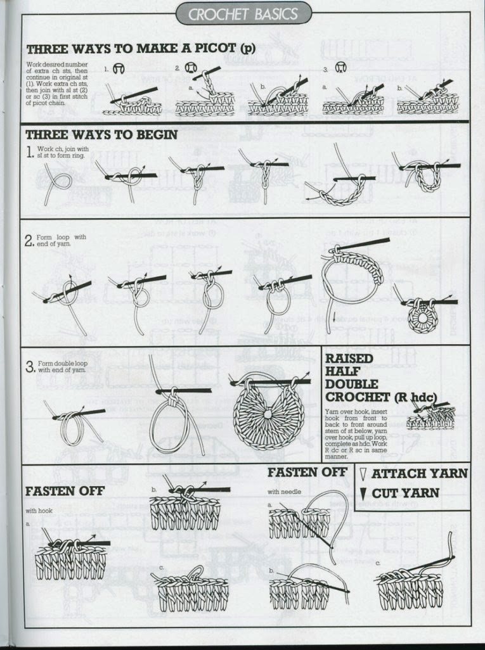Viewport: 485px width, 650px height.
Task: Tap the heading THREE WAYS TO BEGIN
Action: pyautogui.click(x=101, y=134)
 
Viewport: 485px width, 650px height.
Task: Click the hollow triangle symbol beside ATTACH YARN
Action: pyautogui.click(x=363, y=473)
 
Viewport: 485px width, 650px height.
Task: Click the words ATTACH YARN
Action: pyautogui.click(x=420, y=473)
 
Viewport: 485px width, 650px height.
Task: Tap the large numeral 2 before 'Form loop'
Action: pyautogui.click(x=29, y=241)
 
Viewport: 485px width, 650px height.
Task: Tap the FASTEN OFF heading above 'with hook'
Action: pyautogui.click(x=65, y=491)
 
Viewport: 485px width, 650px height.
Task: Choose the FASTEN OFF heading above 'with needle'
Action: pyautogui.click(x=307, y=472)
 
